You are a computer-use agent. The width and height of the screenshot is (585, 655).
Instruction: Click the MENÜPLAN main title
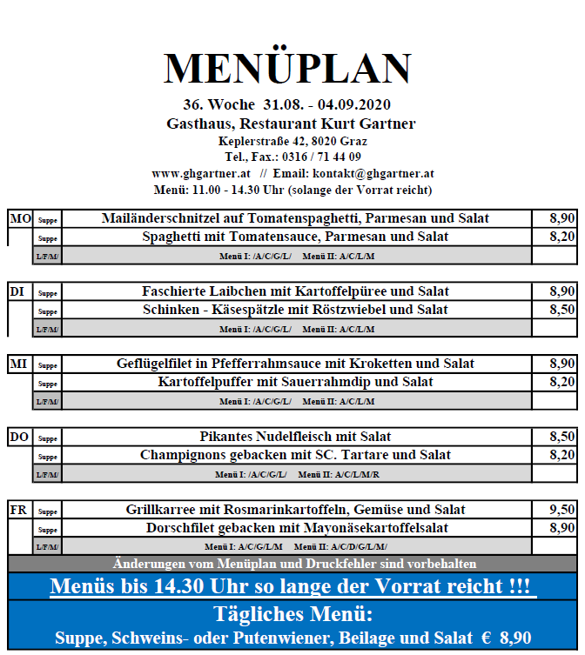pos(287,69)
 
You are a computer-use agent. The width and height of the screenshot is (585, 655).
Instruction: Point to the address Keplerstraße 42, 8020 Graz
pos(292,141)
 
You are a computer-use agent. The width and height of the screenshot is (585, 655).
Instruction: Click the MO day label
pos(20,218)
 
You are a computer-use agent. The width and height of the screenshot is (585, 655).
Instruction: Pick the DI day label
pos(17,291)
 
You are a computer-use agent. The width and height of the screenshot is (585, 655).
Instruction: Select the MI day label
pos(18,364)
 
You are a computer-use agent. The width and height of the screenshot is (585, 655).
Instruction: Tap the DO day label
pos(19,437)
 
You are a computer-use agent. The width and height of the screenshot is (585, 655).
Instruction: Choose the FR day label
pos(18,510)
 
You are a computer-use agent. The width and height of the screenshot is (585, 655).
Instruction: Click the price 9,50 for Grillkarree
pos(561,510)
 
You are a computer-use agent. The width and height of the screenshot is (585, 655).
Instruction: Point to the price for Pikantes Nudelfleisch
pos(561,437)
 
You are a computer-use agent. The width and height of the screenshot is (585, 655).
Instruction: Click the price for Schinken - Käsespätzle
pos(561,310)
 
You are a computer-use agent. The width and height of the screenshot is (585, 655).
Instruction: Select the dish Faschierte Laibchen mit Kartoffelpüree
pos(296,291)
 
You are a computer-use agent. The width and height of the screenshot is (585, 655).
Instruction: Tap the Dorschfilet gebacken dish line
pos(296,528)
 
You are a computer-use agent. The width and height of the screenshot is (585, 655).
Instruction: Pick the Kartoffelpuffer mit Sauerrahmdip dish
pos(296,382)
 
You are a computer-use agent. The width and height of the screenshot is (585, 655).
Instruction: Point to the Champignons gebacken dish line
pos(296,455)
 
